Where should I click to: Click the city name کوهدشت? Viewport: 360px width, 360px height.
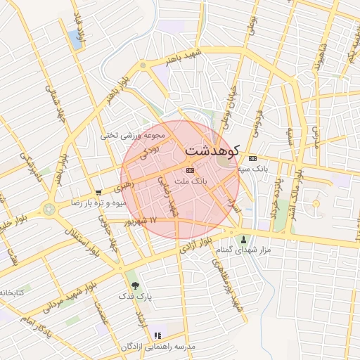tap(212, 150)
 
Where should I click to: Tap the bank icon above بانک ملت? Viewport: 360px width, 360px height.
tap(190, 170)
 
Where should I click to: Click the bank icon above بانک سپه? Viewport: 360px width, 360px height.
tap(252, 158)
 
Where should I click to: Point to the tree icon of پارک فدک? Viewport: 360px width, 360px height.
tap(135, 285)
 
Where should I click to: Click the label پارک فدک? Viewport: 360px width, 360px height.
tap(136, 297)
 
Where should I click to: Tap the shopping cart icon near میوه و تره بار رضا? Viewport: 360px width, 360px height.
tap(99, 191)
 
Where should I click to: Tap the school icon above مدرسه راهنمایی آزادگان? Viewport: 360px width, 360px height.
tap(157, 335)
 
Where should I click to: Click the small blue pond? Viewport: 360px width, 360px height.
tap(75, 39)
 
